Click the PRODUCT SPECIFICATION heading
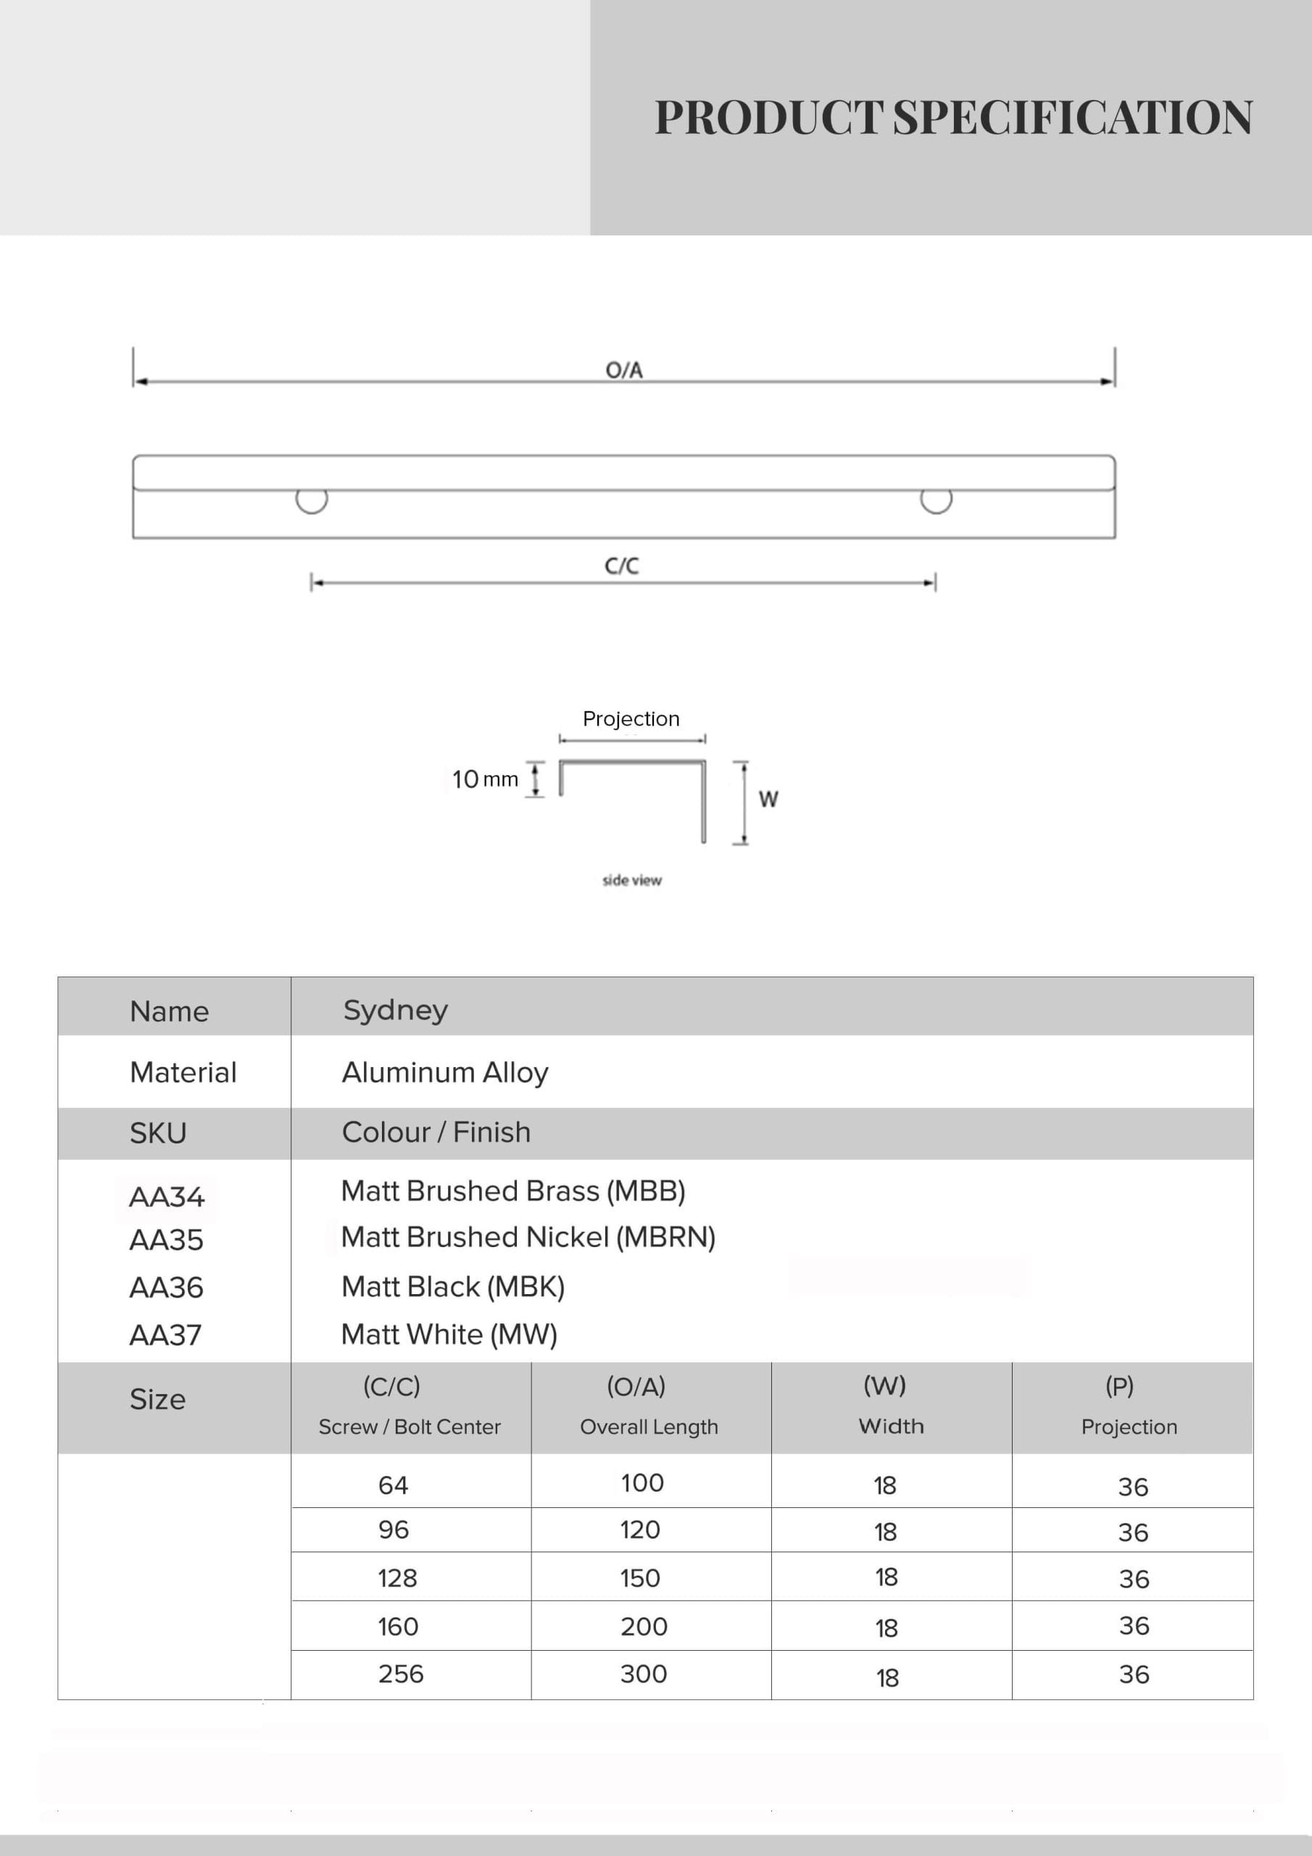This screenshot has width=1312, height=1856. click(x=953, y=118)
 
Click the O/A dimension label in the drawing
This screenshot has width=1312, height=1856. click(x=624, y=370)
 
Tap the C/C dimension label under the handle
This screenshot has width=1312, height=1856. click(x=622, y=565)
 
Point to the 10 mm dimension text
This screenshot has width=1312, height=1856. click(x=485, y=779)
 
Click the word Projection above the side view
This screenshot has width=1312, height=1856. click(x=631, y=718)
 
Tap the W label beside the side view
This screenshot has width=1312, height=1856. click(x=768, y=800)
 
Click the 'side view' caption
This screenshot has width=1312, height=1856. click(x=631, y=880)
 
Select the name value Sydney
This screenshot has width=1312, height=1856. click(x=395, y=1011)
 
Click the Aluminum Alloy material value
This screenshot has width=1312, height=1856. click(x=444, y=1073)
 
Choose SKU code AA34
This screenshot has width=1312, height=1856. click(x=167, y=1196)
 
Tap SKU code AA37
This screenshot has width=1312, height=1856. click(x=166, y=1335)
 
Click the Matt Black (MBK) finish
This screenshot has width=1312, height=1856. click(x=453, y=1287)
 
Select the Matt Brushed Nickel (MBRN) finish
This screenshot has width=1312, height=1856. click(x=528, y=1238)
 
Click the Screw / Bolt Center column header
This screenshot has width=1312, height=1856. click(x=409, y=1427)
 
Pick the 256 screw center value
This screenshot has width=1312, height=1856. click(x=401, y=1673)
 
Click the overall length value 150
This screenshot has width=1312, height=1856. click(x=639, y=1578)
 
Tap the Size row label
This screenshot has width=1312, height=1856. click(x=157, y=1399)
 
